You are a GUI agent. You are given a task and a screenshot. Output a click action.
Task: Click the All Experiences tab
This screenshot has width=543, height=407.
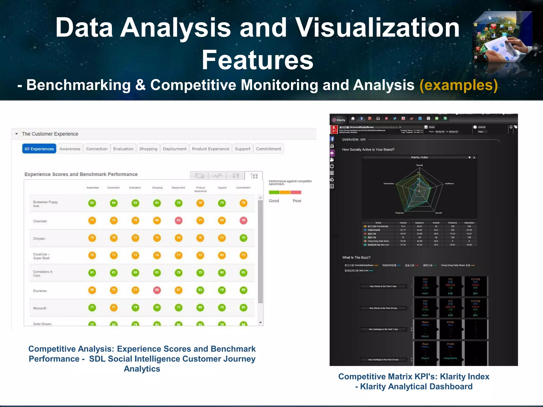(39, 149)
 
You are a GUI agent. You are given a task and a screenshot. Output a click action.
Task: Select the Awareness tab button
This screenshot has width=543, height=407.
(70, 149)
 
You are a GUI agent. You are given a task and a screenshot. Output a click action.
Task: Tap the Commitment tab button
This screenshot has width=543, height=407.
(268, 149)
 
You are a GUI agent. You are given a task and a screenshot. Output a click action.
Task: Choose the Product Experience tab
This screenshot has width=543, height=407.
(211, 149)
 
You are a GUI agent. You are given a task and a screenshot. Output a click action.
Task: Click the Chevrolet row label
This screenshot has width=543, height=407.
(40, 221)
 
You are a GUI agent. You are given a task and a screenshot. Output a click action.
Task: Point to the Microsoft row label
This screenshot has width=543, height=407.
(40, 308)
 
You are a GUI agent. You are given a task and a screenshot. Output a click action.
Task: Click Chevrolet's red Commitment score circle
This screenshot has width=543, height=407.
(243, 220)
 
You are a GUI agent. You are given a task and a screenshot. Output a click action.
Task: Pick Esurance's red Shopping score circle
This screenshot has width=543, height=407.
(157, 290)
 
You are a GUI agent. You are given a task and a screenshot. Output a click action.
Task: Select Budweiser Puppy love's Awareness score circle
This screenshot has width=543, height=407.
(92, 203)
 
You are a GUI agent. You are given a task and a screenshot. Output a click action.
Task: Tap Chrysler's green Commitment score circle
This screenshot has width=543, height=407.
(243, 238)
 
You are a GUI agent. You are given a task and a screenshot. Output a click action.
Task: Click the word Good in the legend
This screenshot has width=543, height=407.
(274, 201)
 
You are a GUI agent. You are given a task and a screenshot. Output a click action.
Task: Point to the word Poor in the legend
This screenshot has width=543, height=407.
(297, 201)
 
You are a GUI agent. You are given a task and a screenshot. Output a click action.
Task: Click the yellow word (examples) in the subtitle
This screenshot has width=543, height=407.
(458, 85)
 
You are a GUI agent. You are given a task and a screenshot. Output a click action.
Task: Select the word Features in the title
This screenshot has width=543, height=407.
(257, 60)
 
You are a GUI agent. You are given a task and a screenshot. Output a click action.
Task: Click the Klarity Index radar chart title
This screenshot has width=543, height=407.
(419, 157)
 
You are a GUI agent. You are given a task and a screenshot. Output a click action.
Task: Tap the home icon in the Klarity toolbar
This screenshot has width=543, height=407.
(353, 119)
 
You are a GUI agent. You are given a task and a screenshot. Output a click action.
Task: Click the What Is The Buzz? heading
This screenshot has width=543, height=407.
(356, 258)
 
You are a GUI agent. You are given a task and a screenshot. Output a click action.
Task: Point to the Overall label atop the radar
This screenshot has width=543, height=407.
(419, 165)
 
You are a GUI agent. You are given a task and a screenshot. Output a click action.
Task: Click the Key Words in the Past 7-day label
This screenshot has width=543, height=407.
(383, 286)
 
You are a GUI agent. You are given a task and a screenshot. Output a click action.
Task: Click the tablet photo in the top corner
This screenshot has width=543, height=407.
(502, 37)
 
